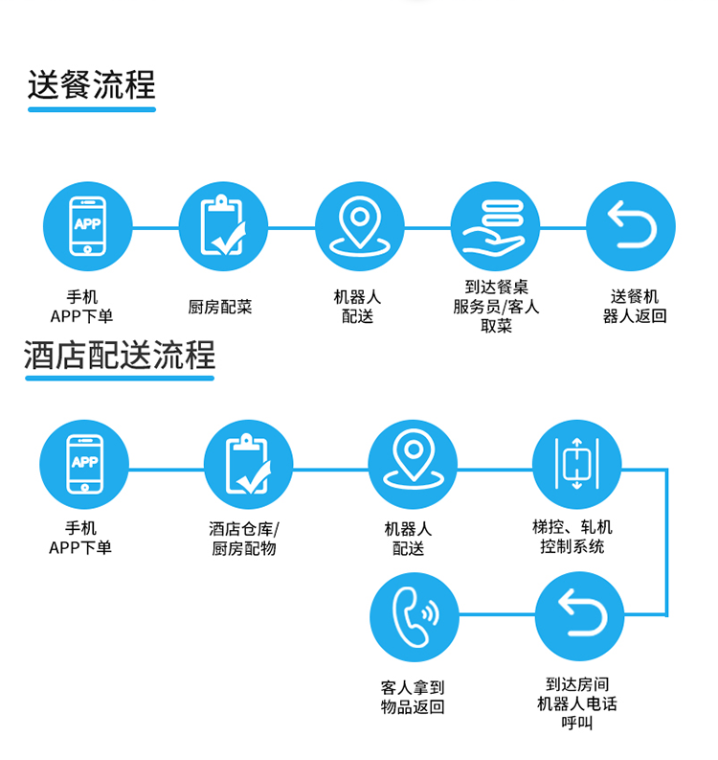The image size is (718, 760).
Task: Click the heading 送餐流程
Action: coord(92,84)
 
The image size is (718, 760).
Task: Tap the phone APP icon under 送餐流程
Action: coord(88,226)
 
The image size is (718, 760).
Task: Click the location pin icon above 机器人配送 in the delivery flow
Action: coord(359,226)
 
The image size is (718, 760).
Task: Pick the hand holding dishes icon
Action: coord(495,226)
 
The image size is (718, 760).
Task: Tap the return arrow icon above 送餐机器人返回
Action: coord(630,226)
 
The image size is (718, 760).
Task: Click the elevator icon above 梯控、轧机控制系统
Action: coord(576,465)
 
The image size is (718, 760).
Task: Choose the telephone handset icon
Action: coord(415,616)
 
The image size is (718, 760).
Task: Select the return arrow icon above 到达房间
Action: coord(578,616)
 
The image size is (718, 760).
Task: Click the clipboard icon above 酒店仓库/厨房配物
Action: coord(248,465)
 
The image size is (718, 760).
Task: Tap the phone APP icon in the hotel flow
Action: coord(84,465)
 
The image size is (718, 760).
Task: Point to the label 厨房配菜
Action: coord(220,308)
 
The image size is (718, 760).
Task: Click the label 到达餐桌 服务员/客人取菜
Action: coord(496,307)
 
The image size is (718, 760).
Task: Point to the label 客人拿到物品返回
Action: coord(413,698)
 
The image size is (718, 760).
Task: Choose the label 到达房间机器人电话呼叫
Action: coord(577,704)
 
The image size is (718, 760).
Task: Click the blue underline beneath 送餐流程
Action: coord(92,109)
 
